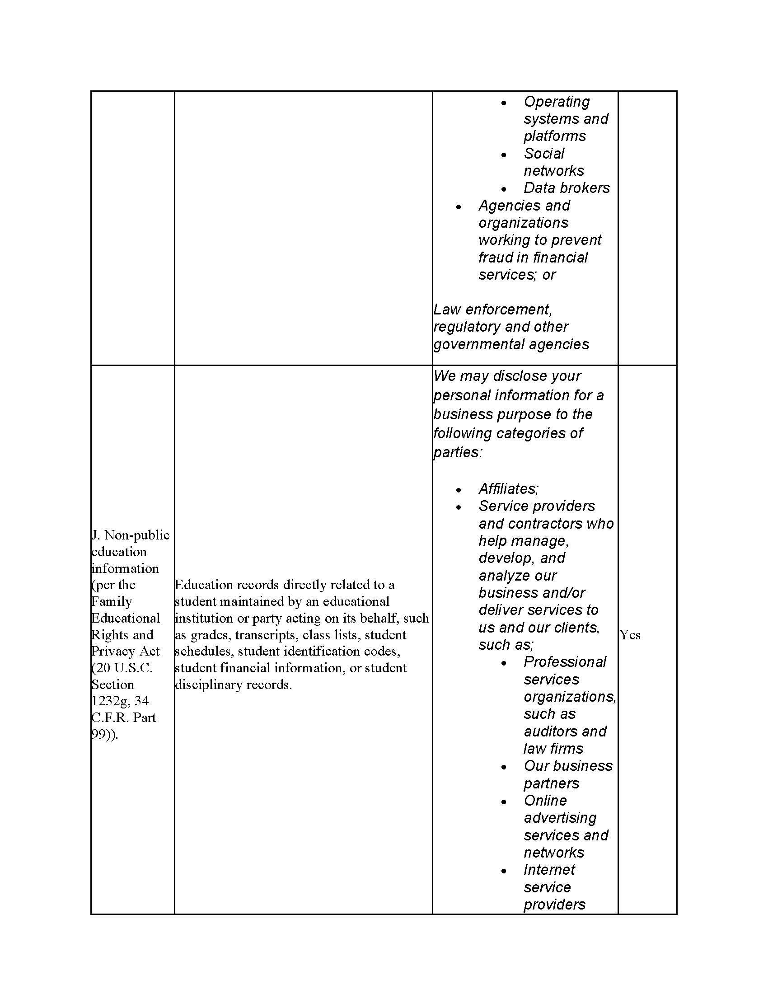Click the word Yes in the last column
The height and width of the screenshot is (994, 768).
[630, 635]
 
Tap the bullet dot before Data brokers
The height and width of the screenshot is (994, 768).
[504, 189]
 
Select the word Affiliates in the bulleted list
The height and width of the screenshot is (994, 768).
[508, 489]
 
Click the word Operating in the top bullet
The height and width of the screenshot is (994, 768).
[557, 102]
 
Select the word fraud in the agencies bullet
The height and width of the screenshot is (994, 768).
[494, 258]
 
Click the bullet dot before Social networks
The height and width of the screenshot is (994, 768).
[504, 155]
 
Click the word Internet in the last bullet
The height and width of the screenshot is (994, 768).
[549, 870]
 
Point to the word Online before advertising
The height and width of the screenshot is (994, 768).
[545, 801]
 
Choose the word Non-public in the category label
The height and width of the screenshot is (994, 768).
[136, 535]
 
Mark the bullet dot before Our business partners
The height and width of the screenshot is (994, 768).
[504, 767]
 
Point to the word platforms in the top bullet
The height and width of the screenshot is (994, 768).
[555, 136]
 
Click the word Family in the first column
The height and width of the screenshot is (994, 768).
[112, 601]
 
